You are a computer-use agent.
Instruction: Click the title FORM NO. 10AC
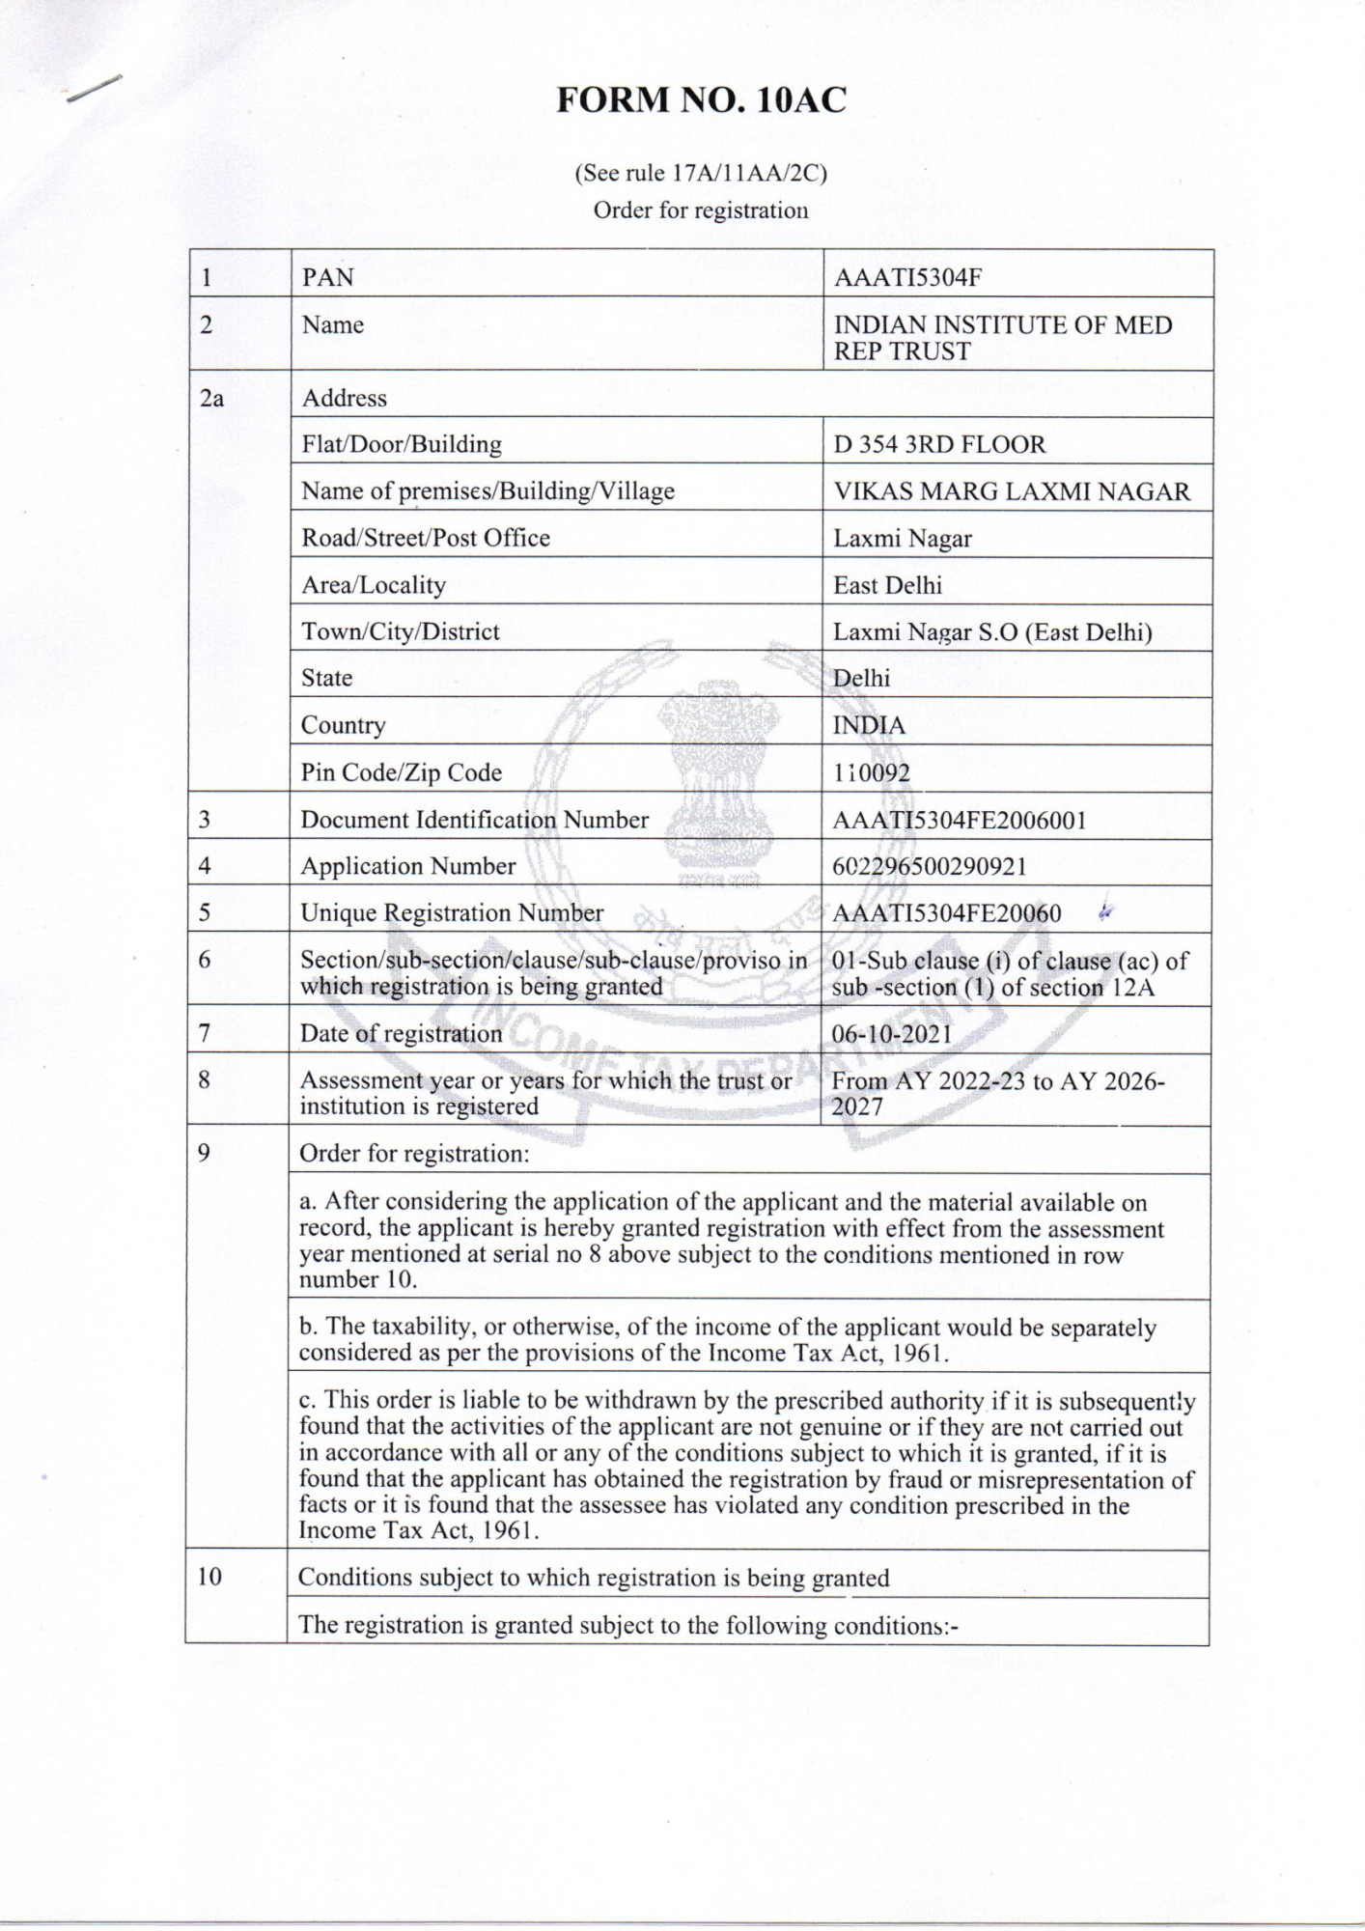[701, 100]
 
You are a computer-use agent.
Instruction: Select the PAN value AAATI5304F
[907, 278]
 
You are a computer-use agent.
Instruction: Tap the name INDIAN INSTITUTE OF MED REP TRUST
[1002, 338]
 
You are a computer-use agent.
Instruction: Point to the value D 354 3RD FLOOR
[939, 445]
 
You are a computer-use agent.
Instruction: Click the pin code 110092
[871, 772]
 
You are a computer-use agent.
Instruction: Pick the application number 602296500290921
[929, 866]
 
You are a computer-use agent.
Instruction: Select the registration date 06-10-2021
[892, 1034]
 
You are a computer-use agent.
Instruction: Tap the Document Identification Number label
[474, 820]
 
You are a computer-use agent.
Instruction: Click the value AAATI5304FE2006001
[959, 820]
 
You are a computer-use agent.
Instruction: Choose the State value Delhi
[861, 678]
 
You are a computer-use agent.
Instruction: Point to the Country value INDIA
[869, 725]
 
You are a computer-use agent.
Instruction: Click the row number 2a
[211, 398]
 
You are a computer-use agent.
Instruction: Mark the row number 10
[209, 1577]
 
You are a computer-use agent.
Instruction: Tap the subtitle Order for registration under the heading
[701, 210]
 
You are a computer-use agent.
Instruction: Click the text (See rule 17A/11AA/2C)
[701, 174]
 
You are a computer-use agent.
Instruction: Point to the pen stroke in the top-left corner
[94, 88]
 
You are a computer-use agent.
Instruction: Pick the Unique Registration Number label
[452, 912]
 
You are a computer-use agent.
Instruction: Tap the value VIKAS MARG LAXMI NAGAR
[1012, 491]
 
